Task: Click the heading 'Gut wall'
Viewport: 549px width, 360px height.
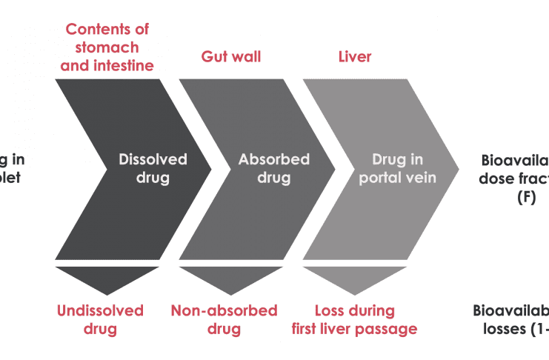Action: [x=230, y=57]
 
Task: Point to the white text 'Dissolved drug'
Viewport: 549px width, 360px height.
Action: [x=153, y=168]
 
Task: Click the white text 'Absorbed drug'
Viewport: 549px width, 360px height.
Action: [x=274, y=168]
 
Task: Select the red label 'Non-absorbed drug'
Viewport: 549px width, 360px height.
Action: [x=224, y=319]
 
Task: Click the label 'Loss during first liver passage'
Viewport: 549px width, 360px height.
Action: [x=355, y=319]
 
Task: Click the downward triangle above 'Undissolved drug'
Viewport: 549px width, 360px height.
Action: [x=107, y=279]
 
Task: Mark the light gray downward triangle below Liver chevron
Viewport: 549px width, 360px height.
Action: [x=355, y=279]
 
